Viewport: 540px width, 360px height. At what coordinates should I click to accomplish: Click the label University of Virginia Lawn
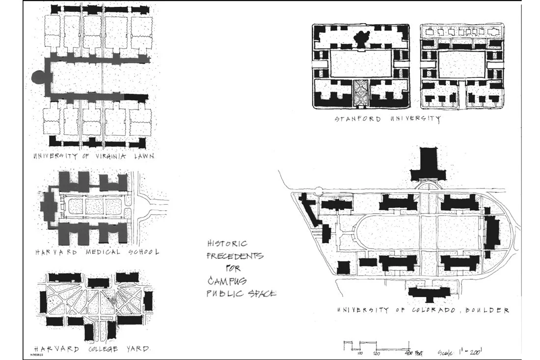pos(93,157)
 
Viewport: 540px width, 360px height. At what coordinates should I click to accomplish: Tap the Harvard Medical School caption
pos(97,252)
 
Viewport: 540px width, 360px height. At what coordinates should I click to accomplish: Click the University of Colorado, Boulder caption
pos(423,310)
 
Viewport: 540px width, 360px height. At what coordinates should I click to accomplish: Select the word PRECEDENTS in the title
pos(235,256)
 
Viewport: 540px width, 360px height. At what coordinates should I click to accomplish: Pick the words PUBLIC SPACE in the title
pos(241,294)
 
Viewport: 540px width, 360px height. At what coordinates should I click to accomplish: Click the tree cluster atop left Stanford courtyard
pos(363,38)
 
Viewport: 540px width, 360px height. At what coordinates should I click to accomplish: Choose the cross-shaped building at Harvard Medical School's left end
pos(49,206)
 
